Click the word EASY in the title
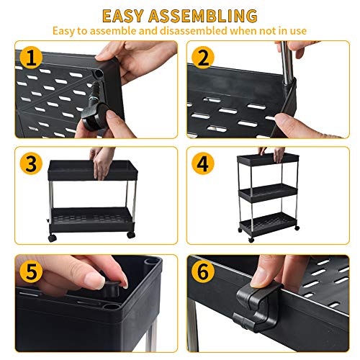(127, 15)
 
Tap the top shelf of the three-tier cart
(268, 160)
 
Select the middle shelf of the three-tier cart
(268, 191)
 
